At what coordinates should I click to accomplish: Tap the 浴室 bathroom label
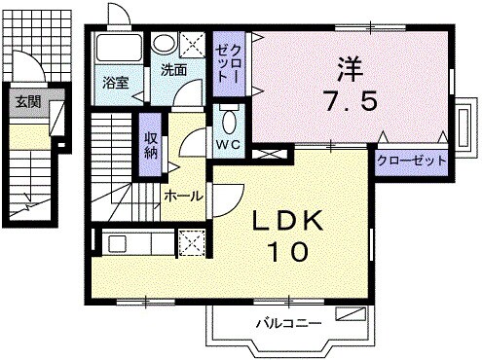coord(116,83)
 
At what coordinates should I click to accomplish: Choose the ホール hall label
coord(182,196)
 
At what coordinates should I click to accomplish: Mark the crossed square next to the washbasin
coord(193,43)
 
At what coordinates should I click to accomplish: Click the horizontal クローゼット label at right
coord(412,161)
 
